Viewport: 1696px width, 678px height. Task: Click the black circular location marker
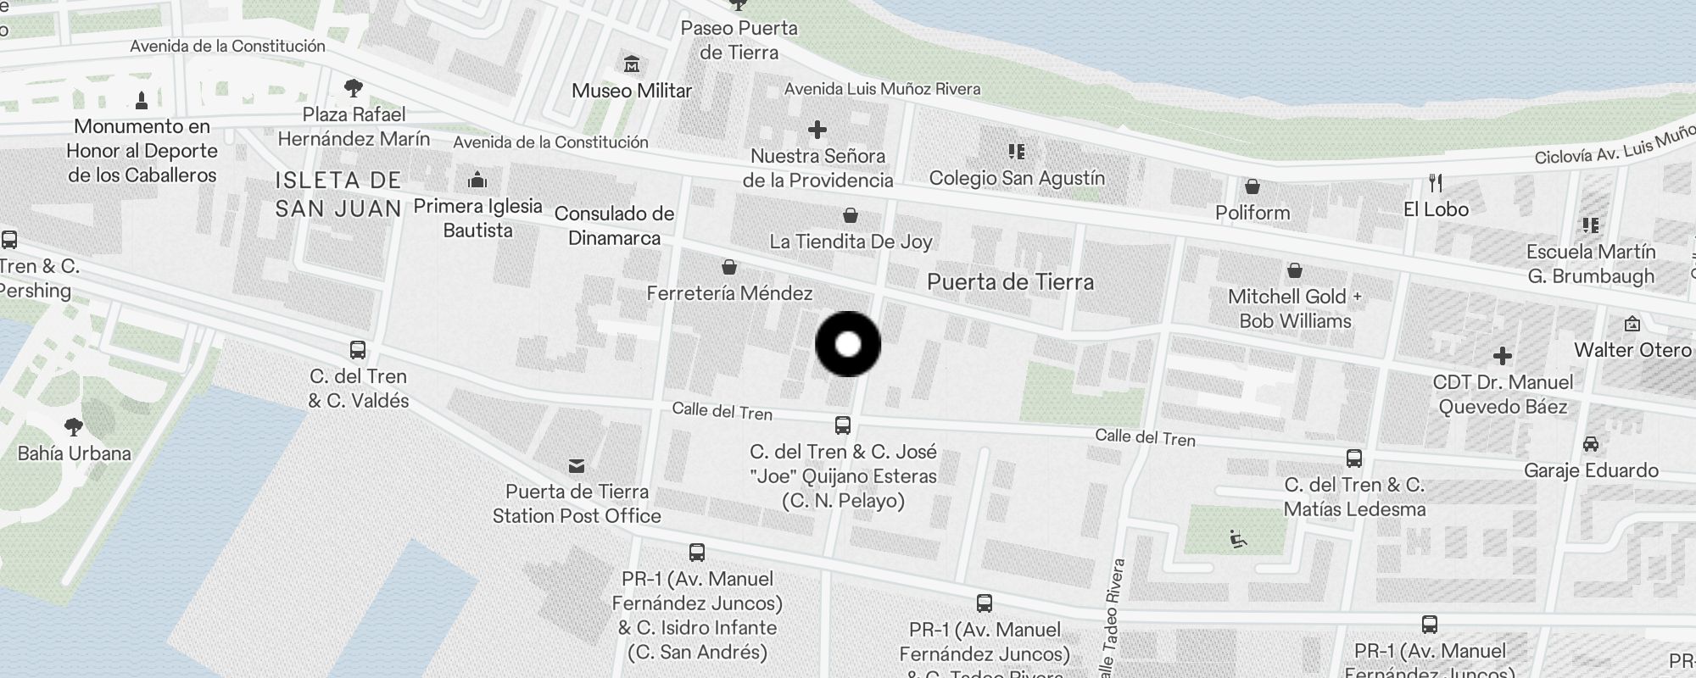848,344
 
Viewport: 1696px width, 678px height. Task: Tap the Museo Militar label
632,91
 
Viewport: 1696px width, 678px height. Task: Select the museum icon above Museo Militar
632,64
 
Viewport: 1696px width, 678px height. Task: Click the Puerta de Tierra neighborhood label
1010,282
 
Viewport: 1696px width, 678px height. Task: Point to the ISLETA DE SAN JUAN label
338,194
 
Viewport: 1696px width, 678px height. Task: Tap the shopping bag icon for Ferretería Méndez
728,268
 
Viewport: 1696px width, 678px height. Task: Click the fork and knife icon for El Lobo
1435,182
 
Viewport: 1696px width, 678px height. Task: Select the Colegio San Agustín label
1017,178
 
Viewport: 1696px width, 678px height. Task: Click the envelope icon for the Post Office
577,465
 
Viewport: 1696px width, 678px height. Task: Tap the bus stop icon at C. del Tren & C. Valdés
358,349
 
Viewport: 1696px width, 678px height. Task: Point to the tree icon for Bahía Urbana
74,425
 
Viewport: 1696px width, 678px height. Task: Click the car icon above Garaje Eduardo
1591,444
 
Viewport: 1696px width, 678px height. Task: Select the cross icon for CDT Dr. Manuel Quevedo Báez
1502,355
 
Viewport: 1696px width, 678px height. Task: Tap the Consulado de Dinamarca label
614,225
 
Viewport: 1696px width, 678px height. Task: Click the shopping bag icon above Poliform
1252,186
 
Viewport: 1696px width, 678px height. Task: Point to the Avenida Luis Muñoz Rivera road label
882,89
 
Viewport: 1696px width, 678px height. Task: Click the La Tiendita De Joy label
851,242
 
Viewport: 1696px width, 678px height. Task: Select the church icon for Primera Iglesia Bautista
477,180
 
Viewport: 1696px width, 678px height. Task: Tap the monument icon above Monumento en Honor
142,100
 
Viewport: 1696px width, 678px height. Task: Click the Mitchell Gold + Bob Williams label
1295,308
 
